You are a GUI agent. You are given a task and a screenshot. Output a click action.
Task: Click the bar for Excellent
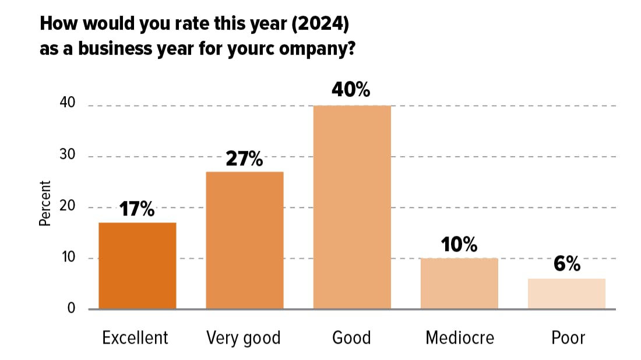point(138,266)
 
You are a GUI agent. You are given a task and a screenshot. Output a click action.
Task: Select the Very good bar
point(245,240)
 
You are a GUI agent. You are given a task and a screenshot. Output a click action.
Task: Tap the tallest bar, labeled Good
point(352,207)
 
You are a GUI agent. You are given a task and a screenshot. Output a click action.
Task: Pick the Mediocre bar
point(459,283)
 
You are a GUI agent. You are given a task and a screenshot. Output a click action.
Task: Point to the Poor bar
point(566,294)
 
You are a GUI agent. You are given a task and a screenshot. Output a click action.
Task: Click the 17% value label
point(138,209)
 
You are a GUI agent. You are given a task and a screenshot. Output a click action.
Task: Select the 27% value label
point(245,158)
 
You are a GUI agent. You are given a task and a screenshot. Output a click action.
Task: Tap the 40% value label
point(352,90)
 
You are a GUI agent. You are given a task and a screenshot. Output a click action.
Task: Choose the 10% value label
point(459,245)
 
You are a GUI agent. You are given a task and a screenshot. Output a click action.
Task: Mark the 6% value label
point(566,264)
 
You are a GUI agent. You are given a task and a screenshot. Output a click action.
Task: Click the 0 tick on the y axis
point(71,308)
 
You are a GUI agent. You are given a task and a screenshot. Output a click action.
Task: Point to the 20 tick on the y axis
point(68,207)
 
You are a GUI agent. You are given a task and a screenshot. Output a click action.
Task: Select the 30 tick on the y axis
point(68,156)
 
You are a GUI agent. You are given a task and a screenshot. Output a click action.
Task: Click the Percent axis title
point(45,203)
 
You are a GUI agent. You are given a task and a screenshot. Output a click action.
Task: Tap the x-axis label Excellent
point(135,338)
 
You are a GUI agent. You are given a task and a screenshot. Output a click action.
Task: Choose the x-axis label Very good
point(244,338)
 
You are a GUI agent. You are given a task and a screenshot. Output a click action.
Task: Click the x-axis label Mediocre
point(460,338)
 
